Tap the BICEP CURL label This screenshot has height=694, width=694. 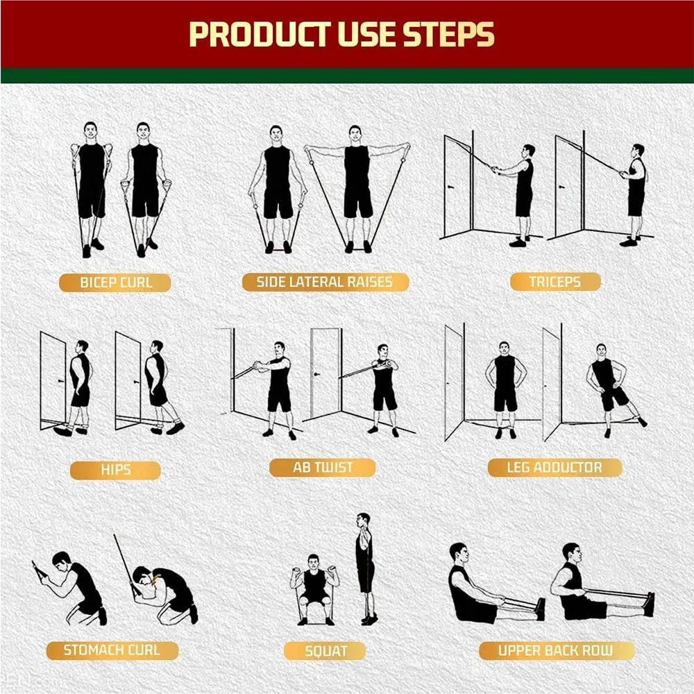point(115,282)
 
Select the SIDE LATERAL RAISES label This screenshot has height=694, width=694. point(325,282)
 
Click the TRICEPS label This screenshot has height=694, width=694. point(555,282)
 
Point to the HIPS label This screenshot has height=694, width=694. point(115,470)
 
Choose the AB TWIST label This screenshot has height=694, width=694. point(323,467)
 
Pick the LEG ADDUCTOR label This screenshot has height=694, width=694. point(555,467)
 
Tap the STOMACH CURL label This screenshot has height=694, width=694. point(112,650)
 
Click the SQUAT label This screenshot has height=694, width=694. point(325,650)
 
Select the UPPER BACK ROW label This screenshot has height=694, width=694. point(556,650)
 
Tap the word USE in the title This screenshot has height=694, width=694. point(361,35)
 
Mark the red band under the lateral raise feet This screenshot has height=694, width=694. point(278,249)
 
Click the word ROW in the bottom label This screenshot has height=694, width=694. point(598,650)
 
